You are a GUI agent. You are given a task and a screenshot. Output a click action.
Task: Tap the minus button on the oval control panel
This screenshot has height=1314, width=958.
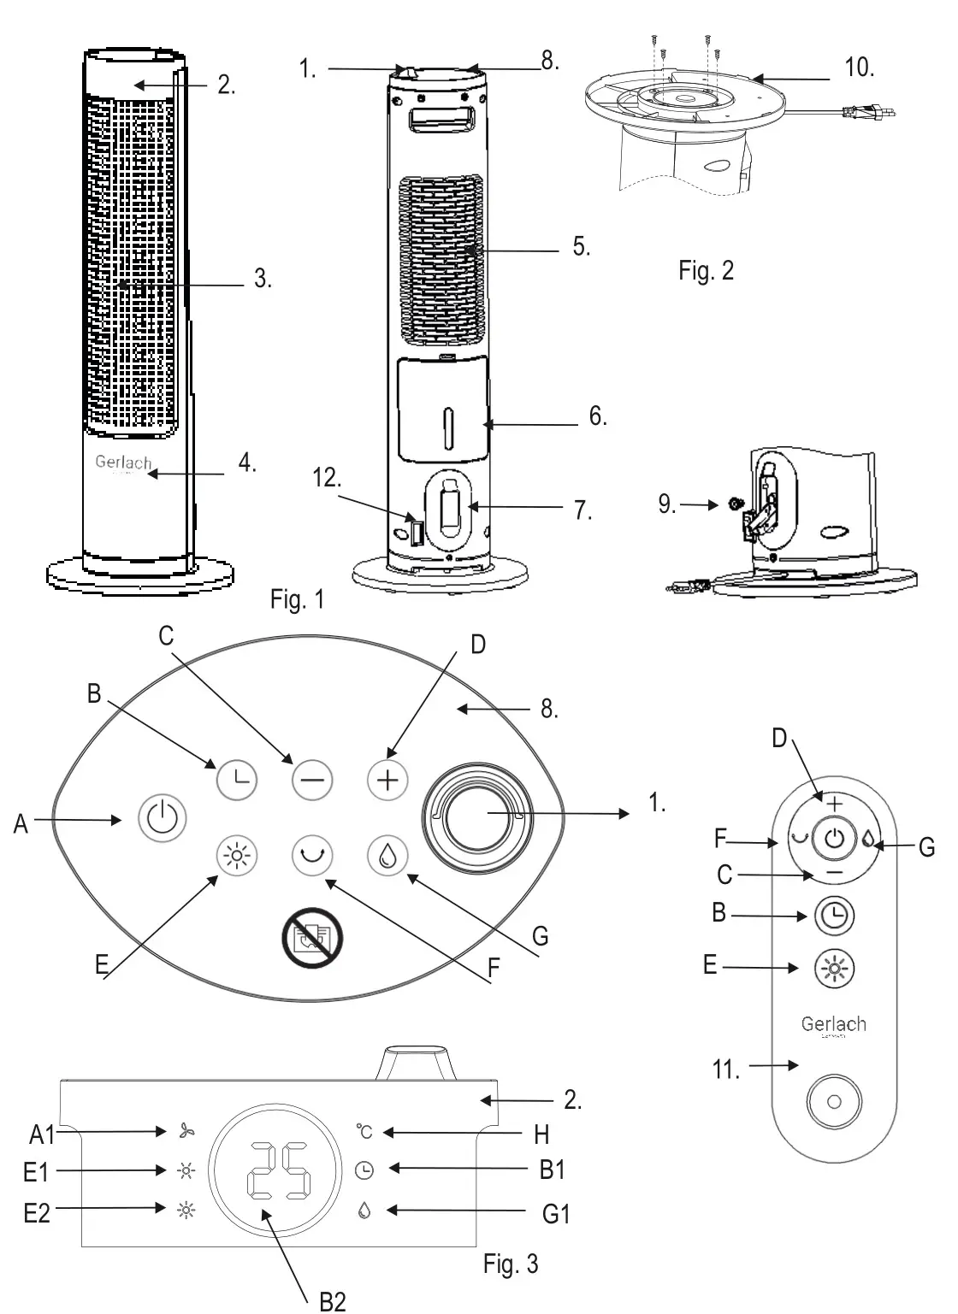pyautogui.click(x=311, y=780)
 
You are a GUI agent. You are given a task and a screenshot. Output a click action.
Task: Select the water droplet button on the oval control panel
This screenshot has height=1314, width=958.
pyautogui.click(x=387, y=856)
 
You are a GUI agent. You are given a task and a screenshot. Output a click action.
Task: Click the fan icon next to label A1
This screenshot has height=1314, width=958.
pyautogui.click(x=186, y=1132)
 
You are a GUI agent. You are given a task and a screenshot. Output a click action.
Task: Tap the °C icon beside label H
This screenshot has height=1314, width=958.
pyautogui.click(x=365, y=1132)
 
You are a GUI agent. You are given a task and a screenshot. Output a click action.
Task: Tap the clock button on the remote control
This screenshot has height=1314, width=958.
pyautogui.click(x=834, y=915)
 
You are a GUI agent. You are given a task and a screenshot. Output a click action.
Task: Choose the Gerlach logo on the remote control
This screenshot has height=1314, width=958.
pyautogui.click(x=833, y=1025)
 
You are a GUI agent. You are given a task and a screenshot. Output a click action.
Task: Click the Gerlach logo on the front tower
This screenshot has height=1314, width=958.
pyautogui.click(x=123, y=463)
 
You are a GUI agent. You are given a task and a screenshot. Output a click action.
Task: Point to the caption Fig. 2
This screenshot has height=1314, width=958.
pyautogui.click(x=706, y=271)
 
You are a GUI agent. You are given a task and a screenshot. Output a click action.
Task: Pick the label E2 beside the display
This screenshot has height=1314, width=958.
pyautogui.click(x=36, y=1211)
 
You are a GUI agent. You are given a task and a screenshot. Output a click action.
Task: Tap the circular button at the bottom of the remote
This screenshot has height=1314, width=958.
pyautogui.click(x=834, y=1103)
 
